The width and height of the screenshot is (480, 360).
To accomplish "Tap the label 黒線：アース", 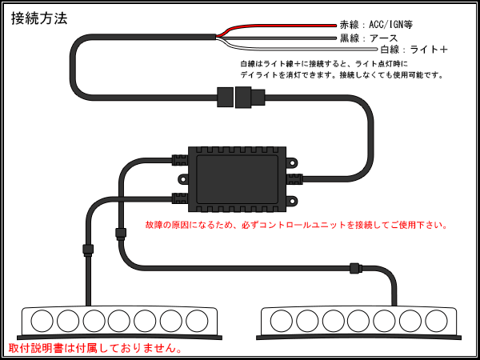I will pyautogui.click(x=369, y=38).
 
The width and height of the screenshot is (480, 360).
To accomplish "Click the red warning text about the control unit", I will pyautogui.click(x=297, y=225).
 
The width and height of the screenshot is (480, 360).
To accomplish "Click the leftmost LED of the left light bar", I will pyautogui.click(x=42, y=321).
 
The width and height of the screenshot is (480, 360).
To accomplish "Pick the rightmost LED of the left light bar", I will pyautogui.click(x=196, y=321).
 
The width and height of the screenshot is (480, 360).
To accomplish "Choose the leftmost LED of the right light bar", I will pyautogui.click(x=282, y=321).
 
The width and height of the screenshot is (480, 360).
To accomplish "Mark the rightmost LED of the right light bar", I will pyautogui.click(x=436, y=321).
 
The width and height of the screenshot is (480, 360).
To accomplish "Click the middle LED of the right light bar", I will pyautogui.click(x=359, y=321).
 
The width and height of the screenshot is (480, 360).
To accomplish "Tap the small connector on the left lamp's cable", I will pyautogui.click(x=87, y=248).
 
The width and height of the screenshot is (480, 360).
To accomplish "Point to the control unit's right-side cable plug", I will pyautogui.click(x=294, y=178).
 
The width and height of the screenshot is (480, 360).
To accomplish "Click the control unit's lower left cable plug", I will pyautogui.click(x=179, y=198).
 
